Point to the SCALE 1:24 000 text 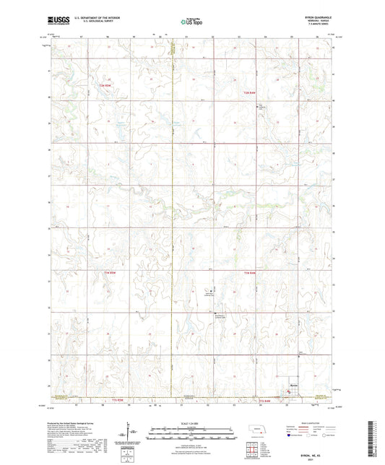(x=192, y=423)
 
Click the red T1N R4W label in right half (x=250, y=271)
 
